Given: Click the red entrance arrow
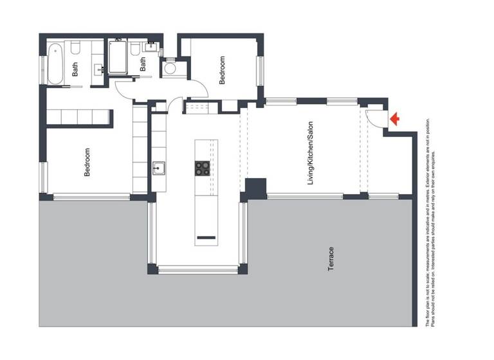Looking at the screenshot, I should [395, 119].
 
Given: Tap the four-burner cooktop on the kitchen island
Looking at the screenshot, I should [203, 168].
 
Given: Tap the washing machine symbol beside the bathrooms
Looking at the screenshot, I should [170, 68].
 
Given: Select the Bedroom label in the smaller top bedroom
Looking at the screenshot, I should [223, 70].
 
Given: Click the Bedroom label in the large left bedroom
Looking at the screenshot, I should [87, 162].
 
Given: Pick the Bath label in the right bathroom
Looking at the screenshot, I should [143, 64].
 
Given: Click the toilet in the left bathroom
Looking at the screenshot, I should [75, 48].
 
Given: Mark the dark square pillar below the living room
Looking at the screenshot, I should [256, 188].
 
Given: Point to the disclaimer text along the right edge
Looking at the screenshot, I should [434, 222].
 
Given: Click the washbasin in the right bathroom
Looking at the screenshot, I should [152, 46].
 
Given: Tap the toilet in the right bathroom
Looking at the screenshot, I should [136, 49].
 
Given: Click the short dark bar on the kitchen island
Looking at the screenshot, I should [206, 239].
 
